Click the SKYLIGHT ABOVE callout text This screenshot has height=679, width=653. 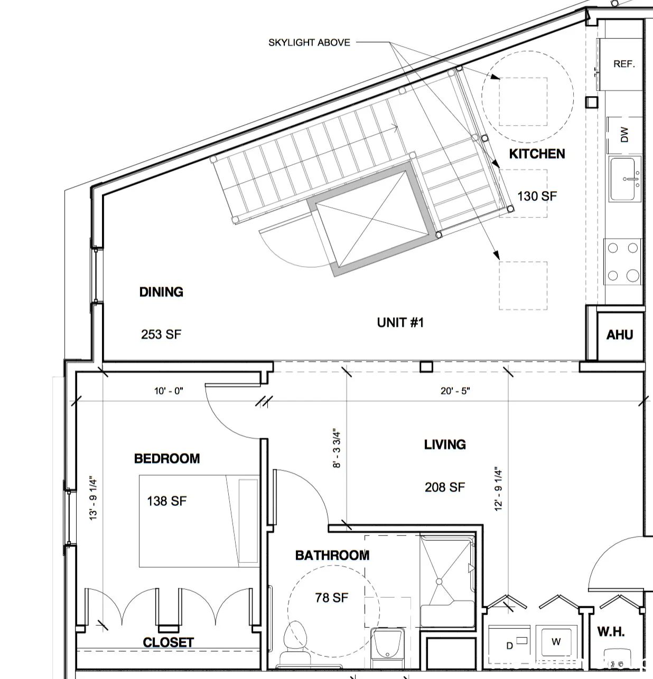(309, 43)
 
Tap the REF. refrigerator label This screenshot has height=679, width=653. (624, 64)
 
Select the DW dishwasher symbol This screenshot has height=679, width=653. (624, 134)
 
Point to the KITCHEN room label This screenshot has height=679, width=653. (537, 154)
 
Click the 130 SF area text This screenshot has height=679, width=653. (537, 196)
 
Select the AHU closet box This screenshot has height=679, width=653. (619, 335)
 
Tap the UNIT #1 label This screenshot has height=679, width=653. (400, 323)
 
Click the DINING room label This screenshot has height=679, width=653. (161, 292)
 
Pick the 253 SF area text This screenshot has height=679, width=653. (161, 334)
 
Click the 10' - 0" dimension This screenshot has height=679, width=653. (169, 391)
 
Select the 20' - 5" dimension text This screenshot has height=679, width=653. (455, 391)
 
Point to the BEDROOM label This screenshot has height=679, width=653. (167, 458)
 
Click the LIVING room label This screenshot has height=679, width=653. (445, 445)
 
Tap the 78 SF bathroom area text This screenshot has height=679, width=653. (332, 598)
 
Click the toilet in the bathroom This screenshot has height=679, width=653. (295, 642)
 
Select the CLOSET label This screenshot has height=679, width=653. (168, 643)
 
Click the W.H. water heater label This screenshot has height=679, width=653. (611, 631)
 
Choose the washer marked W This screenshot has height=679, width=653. (556, 642)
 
